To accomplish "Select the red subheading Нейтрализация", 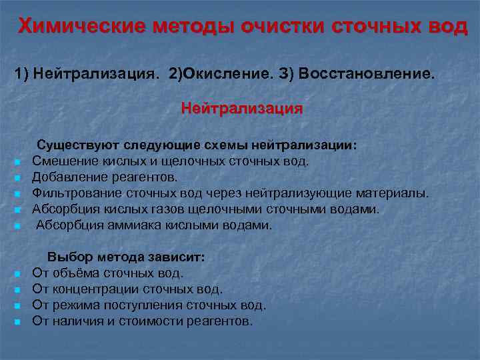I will pos(241,108).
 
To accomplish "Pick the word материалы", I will pos(394,193).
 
